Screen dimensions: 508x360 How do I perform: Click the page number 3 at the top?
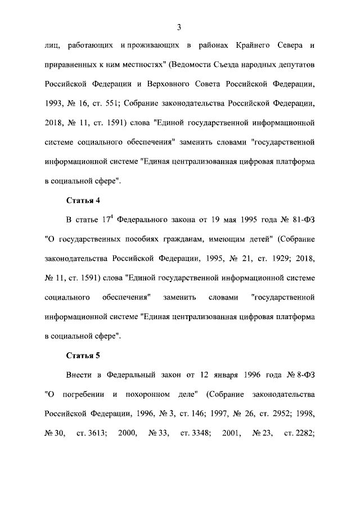178,27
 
